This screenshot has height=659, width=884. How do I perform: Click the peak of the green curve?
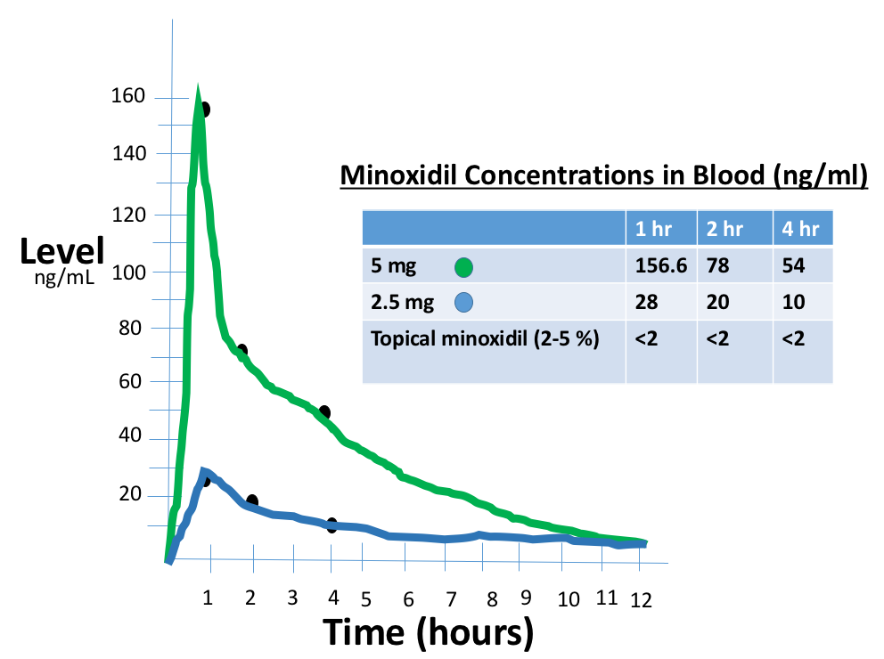tap(198, 94)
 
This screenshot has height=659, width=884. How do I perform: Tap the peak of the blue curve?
tap(204, 471)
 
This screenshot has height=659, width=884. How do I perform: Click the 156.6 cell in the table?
tap(659, 266)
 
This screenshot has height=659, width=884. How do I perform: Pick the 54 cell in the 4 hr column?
tap(792, 266)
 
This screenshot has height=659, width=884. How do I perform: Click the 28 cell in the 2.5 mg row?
tap(647, 303)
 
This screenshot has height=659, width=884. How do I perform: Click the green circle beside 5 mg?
tap(462, 267)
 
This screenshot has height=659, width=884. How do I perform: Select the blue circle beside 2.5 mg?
tap(462, 304)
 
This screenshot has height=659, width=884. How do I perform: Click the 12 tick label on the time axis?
tap(641, 600)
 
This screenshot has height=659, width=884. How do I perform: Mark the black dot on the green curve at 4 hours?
tap(325, 412)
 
